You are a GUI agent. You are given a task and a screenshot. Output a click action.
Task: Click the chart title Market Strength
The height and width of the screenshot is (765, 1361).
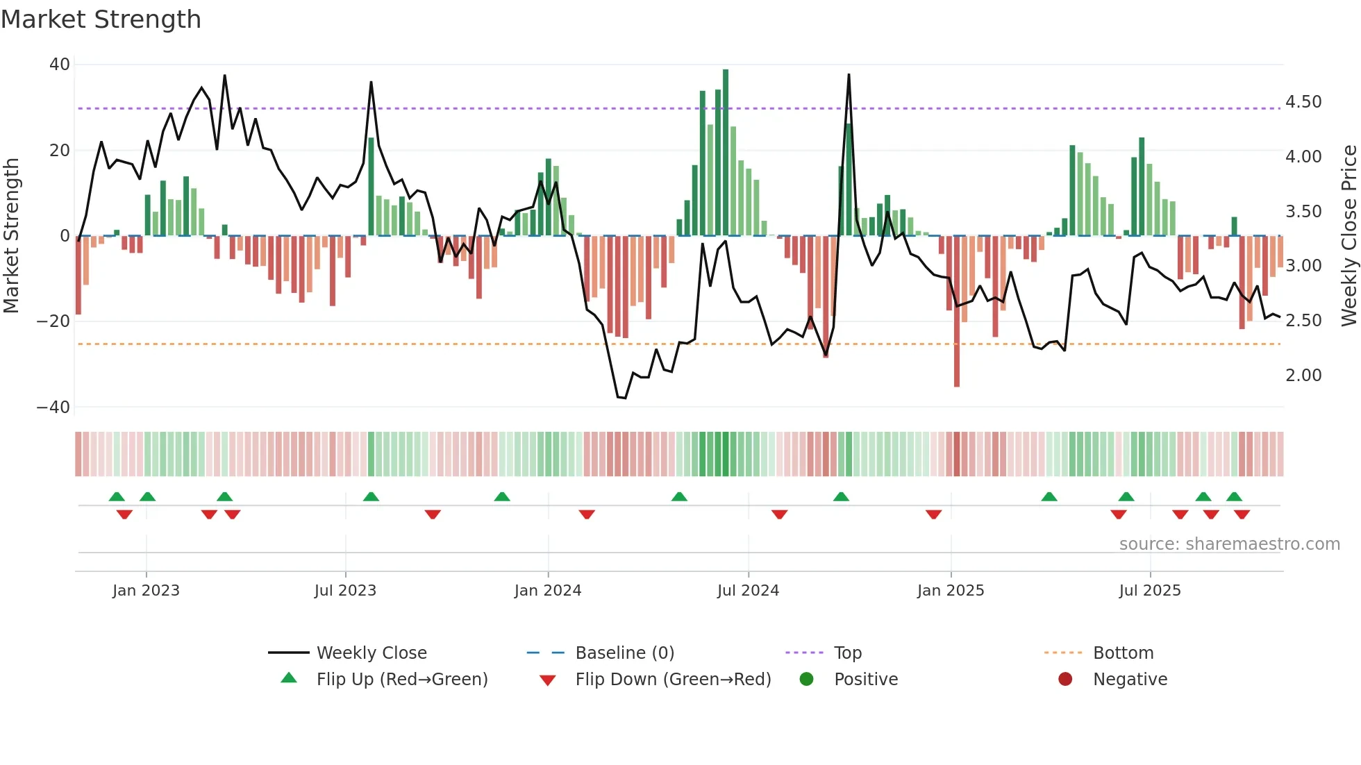point(101,19)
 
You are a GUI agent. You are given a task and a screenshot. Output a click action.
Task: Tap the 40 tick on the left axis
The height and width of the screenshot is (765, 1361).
point(60,65)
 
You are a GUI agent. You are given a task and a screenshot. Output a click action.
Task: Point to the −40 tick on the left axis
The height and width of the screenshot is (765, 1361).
point(53,407)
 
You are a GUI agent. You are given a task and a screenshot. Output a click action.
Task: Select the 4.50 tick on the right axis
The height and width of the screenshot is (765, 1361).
point(1303,102)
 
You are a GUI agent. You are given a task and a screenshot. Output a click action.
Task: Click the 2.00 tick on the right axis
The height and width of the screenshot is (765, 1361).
point(1303,376)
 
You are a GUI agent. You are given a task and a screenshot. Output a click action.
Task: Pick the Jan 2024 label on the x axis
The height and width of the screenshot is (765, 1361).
point(547,591)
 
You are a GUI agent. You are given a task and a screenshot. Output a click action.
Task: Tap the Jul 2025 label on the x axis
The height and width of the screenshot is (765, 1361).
point(1149,591)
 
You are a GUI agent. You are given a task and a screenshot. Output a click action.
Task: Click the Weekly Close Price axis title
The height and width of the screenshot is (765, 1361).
point(1349,235)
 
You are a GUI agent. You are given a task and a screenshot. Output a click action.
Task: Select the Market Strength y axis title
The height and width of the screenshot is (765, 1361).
point(11,235)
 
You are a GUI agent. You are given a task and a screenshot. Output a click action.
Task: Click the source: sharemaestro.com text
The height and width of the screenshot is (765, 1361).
point(1229,544)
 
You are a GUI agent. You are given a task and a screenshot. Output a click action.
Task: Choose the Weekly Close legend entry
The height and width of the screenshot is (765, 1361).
point(371,653)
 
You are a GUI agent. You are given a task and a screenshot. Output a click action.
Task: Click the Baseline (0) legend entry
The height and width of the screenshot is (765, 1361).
point(624,653)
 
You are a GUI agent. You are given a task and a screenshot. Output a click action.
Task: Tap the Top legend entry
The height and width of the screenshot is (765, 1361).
point(847,653)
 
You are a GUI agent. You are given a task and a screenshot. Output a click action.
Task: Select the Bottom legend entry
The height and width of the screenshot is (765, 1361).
point(1123,653)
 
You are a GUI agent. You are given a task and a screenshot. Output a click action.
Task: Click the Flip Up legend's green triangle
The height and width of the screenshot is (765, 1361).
point(289,678)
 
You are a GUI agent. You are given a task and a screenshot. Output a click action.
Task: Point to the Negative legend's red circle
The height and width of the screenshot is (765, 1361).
point(1065,679)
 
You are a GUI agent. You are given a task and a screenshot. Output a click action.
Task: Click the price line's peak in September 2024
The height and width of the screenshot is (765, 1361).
point(849,75)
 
